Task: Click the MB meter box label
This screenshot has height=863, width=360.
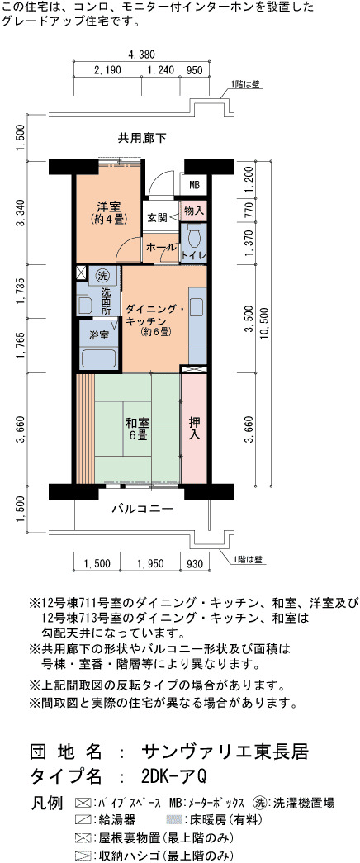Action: click(x=194, y=184)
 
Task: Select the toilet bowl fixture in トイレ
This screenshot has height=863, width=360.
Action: click(x=194, y=238)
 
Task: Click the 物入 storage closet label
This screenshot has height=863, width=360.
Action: click(x=194, y=211)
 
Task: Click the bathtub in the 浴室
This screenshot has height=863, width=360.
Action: click(x=99, y=358)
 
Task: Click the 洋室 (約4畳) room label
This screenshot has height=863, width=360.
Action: click(x=109, y=214)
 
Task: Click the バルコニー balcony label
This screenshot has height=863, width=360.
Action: click(x=143, y=509)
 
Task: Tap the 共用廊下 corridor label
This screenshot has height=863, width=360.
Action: click(x=141, y=137)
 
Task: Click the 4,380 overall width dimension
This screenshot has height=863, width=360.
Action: click(x=141, y=54)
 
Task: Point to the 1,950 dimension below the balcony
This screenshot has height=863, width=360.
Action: click(x=150, y=563)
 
